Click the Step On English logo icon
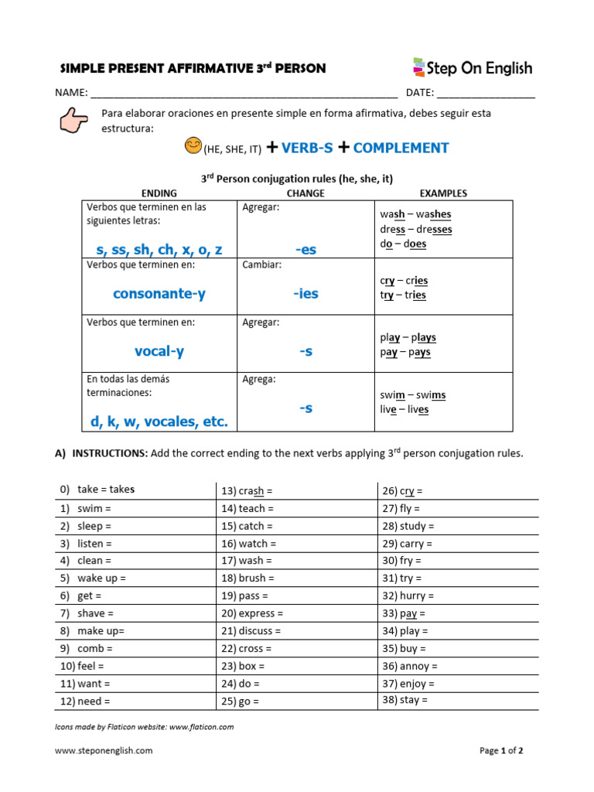[419, 67]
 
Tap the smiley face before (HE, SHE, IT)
[193, 145]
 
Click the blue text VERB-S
[307, 148]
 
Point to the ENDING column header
[159, 193]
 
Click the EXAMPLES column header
[443, 193]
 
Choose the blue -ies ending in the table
[306, 294]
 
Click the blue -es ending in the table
[306, 250]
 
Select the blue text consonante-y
[159, 294]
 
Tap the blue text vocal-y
[159, 351]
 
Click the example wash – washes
[415, 214]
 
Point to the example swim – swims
[412, 395]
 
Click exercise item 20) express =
[251, 613]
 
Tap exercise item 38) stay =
[405, 700]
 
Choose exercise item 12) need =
[85, 702]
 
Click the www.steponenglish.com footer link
[104, 750]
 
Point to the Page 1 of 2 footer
[501, 750]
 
